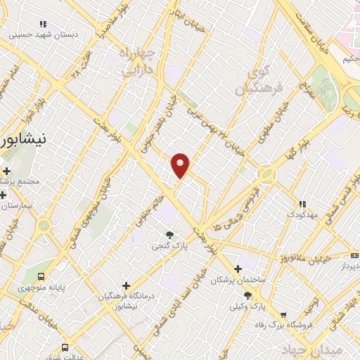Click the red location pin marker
coord(181,165)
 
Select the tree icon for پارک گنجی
coord(169,235)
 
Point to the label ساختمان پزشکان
coord(238,281)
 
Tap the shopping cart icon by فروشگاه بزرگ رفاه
coord(283,315)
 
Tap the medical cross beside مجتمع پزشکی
coord(6,172)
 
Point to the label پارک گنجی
coord(169,247)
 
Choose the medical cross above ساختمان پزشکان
coord(238,269)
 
